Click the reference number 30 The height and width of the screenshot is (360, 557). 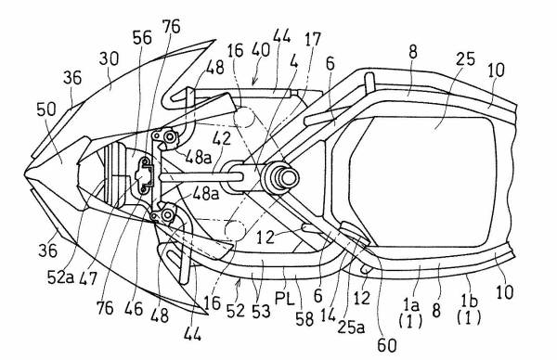pyautogui.click(x=109, y=59)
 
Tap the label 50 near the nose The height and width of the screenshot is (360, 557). pyautogui.click(x=46, y=109)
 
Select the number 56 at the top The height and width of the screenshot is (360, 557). pyautogui.click(x=142, y=38)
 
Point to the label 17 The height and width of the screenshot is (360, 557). pyautogui.click(x=313, y=39)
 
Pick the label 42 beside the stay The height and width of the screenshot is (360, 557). pyautogui.click(x=223, y=138)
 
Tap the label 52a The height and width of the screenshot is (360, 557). pyautogui.click(x=60, y=276)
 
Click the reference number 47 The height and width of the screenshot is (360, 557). pyautogui.click(x=88, y=277)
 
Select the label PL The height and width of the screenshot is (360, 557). pyautogui.click(x=285, y=301)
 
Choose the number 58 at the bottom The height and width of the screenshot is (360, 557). pyautogui.click(x=305, y=318)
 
